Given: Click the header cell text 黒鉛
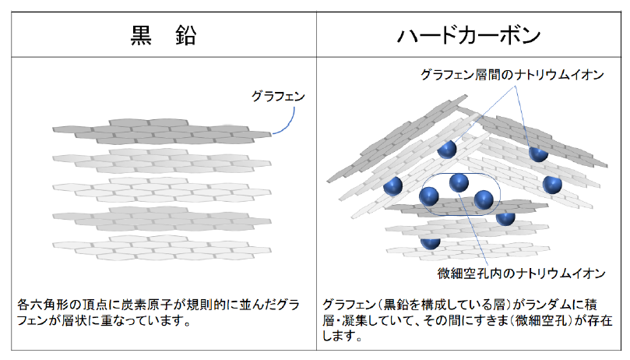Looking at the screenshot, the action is pyautogui.click(x=164, y=35).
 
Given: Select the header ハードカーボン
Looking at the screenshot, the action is pyautogui.click(x=469, y=35).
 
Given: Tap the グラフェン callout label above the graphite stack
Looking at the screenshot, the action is pyautogui.click(x=278, y=96).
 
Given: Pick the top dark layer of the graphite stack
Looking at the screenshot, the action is pyautogui.click(x=162, y=131).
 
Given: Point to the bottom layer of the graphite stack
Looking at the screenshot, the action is pyautogui.click(x=162, y=247).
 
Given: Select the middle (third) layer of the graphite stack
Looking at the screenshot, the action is pyautogui.click(x=162, y=189).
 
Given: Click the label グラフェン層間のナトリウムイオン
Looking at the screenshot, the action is pyautogui.click(x=512, y=74).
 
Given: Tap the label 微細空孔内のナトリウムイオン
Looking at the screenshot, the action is pyautogui.click(x=521, y=274).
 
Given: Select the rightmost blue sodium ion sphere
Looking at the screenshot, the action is pyautogui.click(x=552, y=184).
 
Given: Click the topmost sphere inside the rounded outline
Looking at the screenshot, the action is pyautogui.click(x=459, y=183).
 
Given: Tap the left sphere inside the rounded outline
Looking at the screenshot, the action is pyautogui.click(x=429, y=196).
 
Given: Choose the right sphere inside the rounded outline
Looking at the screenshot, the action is pyautogui.click(x=484, y=200).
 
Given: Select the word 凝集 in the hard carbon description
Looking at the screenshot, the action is pyautogui.click(x=355, y=320).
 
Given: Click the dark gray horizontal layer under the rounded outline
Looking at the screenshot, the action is pyautogui.click(x=466, y=208).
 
